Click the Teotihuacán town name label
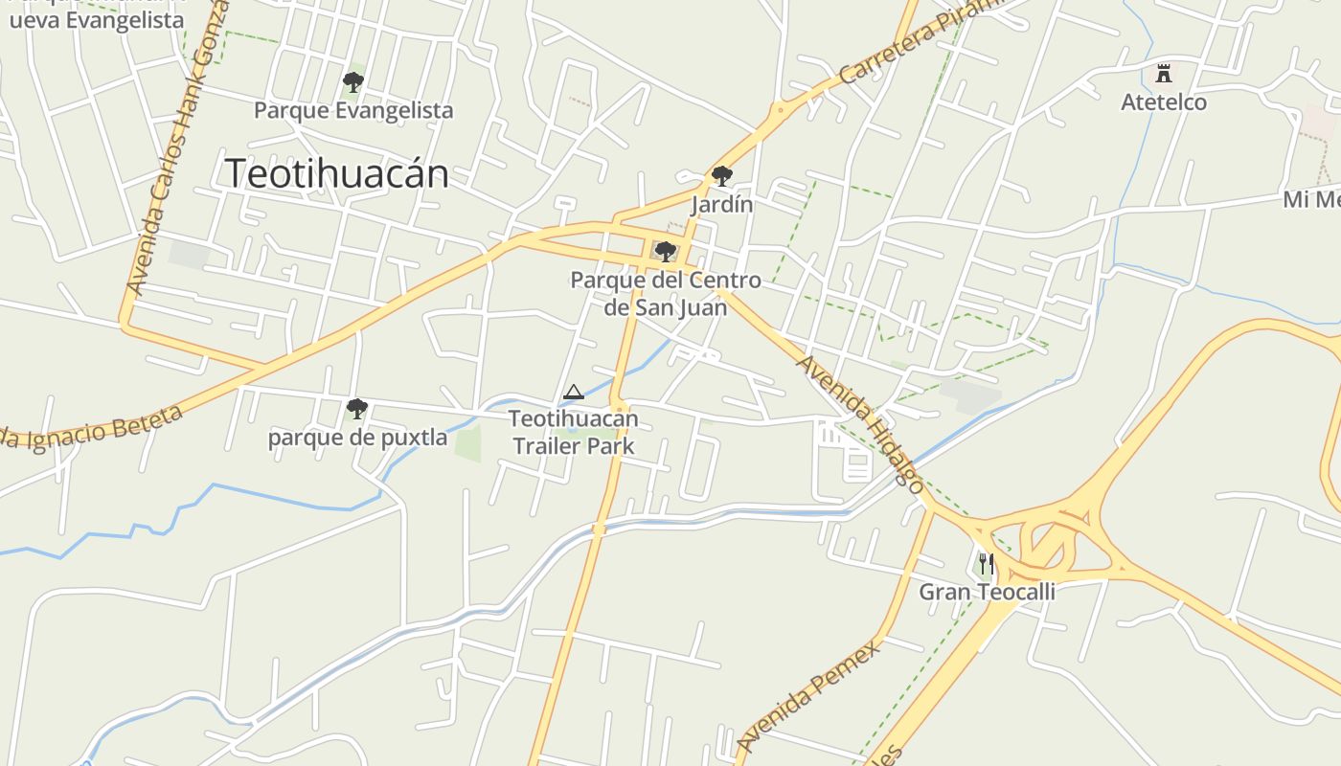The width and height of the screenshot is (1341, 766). click(336, 173)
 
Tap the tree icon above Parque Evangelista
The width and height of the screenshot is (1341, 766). click(353, 82)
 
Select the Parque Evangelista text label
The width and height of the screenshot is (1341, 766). click(353, 110)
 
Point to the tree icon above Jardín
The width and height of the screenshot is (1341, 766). click(722, 176)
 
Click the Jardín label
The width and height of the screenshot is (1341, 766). click(722, 204)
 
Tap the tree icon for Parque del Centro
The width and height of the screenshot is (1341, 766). click(665, 252)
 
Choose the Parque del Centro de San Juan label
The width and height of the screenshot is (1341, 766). click(666, 293)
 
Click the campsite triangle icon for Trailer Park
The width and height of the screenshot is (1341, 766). click(573, 392)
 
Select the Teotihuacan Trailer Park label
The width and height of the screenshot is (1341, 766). click(573, 432)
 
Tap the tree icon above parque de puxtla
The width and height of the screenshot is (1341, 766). click(357, 410)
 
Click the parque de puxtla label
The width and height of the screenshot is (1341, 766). click(357, 438)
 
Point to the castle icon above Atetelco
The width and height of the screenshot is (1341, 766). click(1164, 74)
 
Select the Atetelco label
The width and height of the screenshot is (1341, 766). click(1164, 101)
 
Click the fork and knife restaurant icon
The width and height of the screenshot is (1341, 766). click(987, 564)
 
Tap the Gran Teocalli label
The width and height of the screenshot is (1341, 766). click(987, 592)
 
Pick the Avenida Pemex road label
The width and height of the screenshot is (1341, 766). click(808, 696)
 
